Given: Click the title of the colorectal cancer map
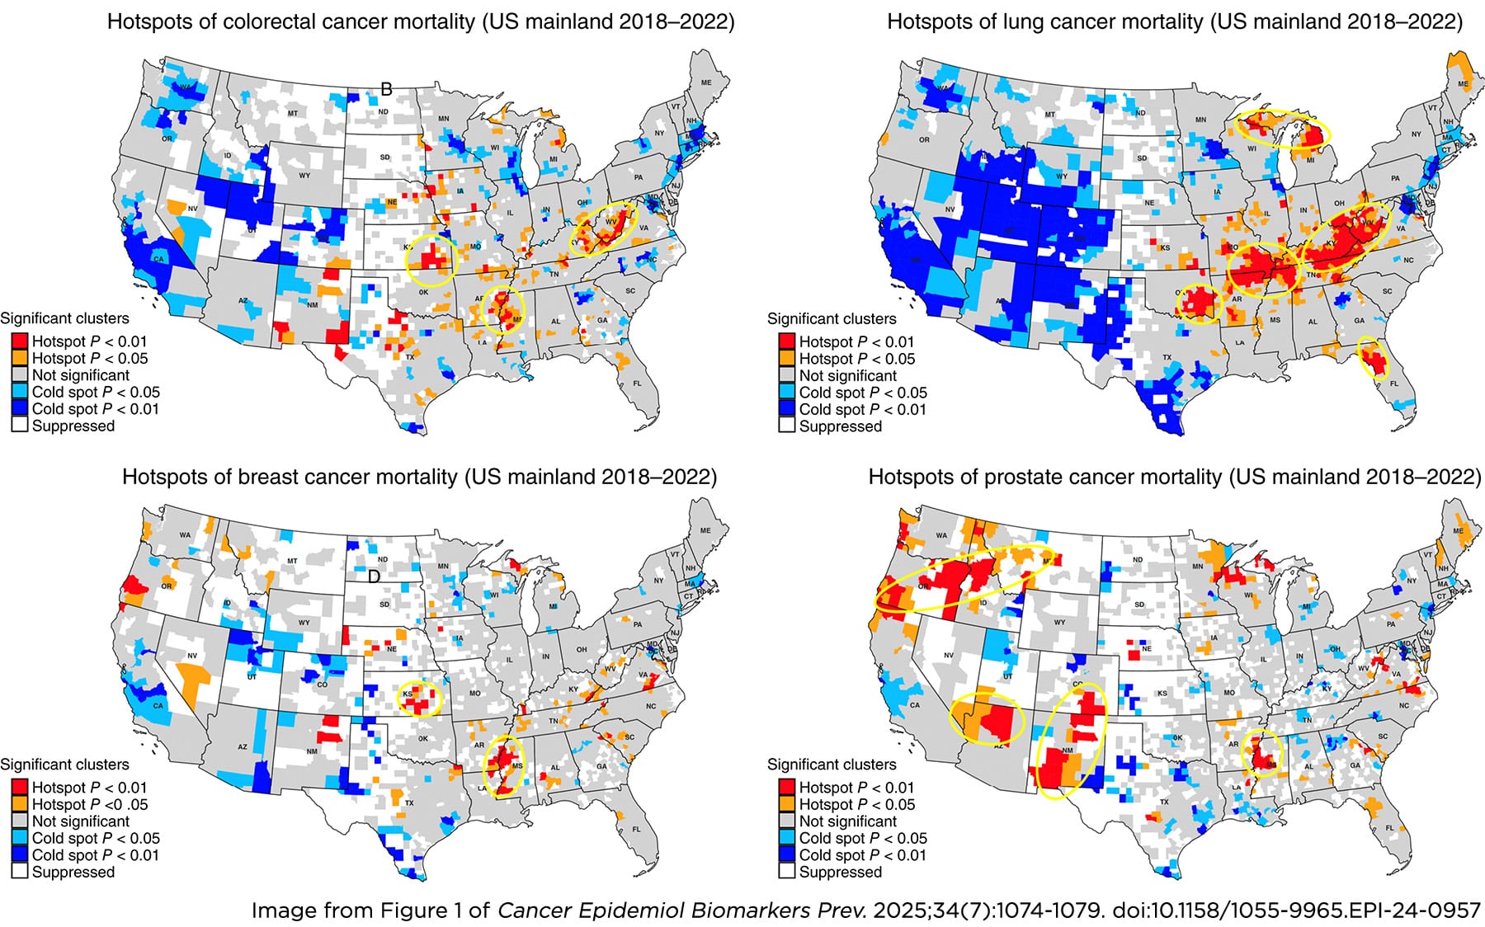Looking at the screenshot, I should (421, 21).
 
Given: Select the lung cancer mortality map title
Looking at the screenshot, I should (1175, 21).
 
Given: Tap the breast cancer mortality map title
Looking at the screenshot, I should (419, 477).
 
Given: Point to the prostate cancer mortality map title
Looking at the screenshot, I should (1175, 477).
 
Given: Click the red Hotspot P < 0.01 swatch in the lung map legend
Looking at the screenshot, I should (786, 341).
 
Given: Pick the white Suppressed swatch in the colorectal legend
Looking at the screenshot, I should (20, 426).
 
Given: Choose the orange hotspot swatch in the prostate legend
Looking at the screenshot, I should (786, 804).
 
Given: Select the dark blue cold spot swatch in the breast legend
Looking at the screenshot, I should (20, 855).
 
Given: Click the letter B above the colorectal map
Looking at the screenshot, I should (385, 90).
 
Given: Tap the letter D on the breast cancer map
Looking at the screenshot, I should (374, 576).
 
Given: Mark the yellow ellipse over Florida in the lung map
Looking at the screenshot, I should (1373, 357).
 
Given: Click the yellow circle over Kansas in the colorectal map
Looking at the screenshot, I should (431, 260).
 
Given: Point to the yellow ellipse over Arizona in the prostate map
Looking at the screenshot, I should (987, 719).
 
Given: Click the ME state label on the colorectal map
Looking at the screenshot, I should (706, 83).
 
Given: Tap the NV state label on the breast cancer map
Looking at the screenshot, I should (192, 656).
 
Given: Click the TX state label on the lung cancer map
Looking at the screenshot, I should (1167, 358).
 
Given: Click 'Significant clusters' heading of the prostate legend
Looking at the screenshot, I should (832, 765).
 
